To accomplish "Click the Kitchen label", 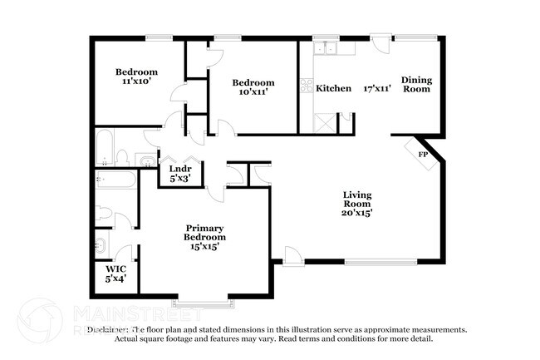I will tap(334, 87).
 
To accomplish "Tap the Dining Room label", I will tap(416, 84).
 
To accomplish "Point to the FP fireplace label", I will tap(422, 155).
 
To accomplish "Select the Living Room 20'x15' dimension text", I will tap(358, 212).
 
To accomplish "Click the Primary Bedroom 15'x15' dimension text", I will tap(205, 247).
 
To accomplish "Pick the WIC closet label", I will tap(115, 269).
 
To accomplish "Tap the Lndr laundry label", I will tap(180, 169).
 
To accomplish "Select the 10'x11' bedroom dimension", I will tap(253, 93).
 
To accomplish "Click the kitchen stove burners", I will tap(305, 86).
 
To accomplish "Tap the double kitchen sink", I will tap(323, 48).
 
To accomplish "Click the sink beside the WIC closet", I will tap(100, 244).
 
